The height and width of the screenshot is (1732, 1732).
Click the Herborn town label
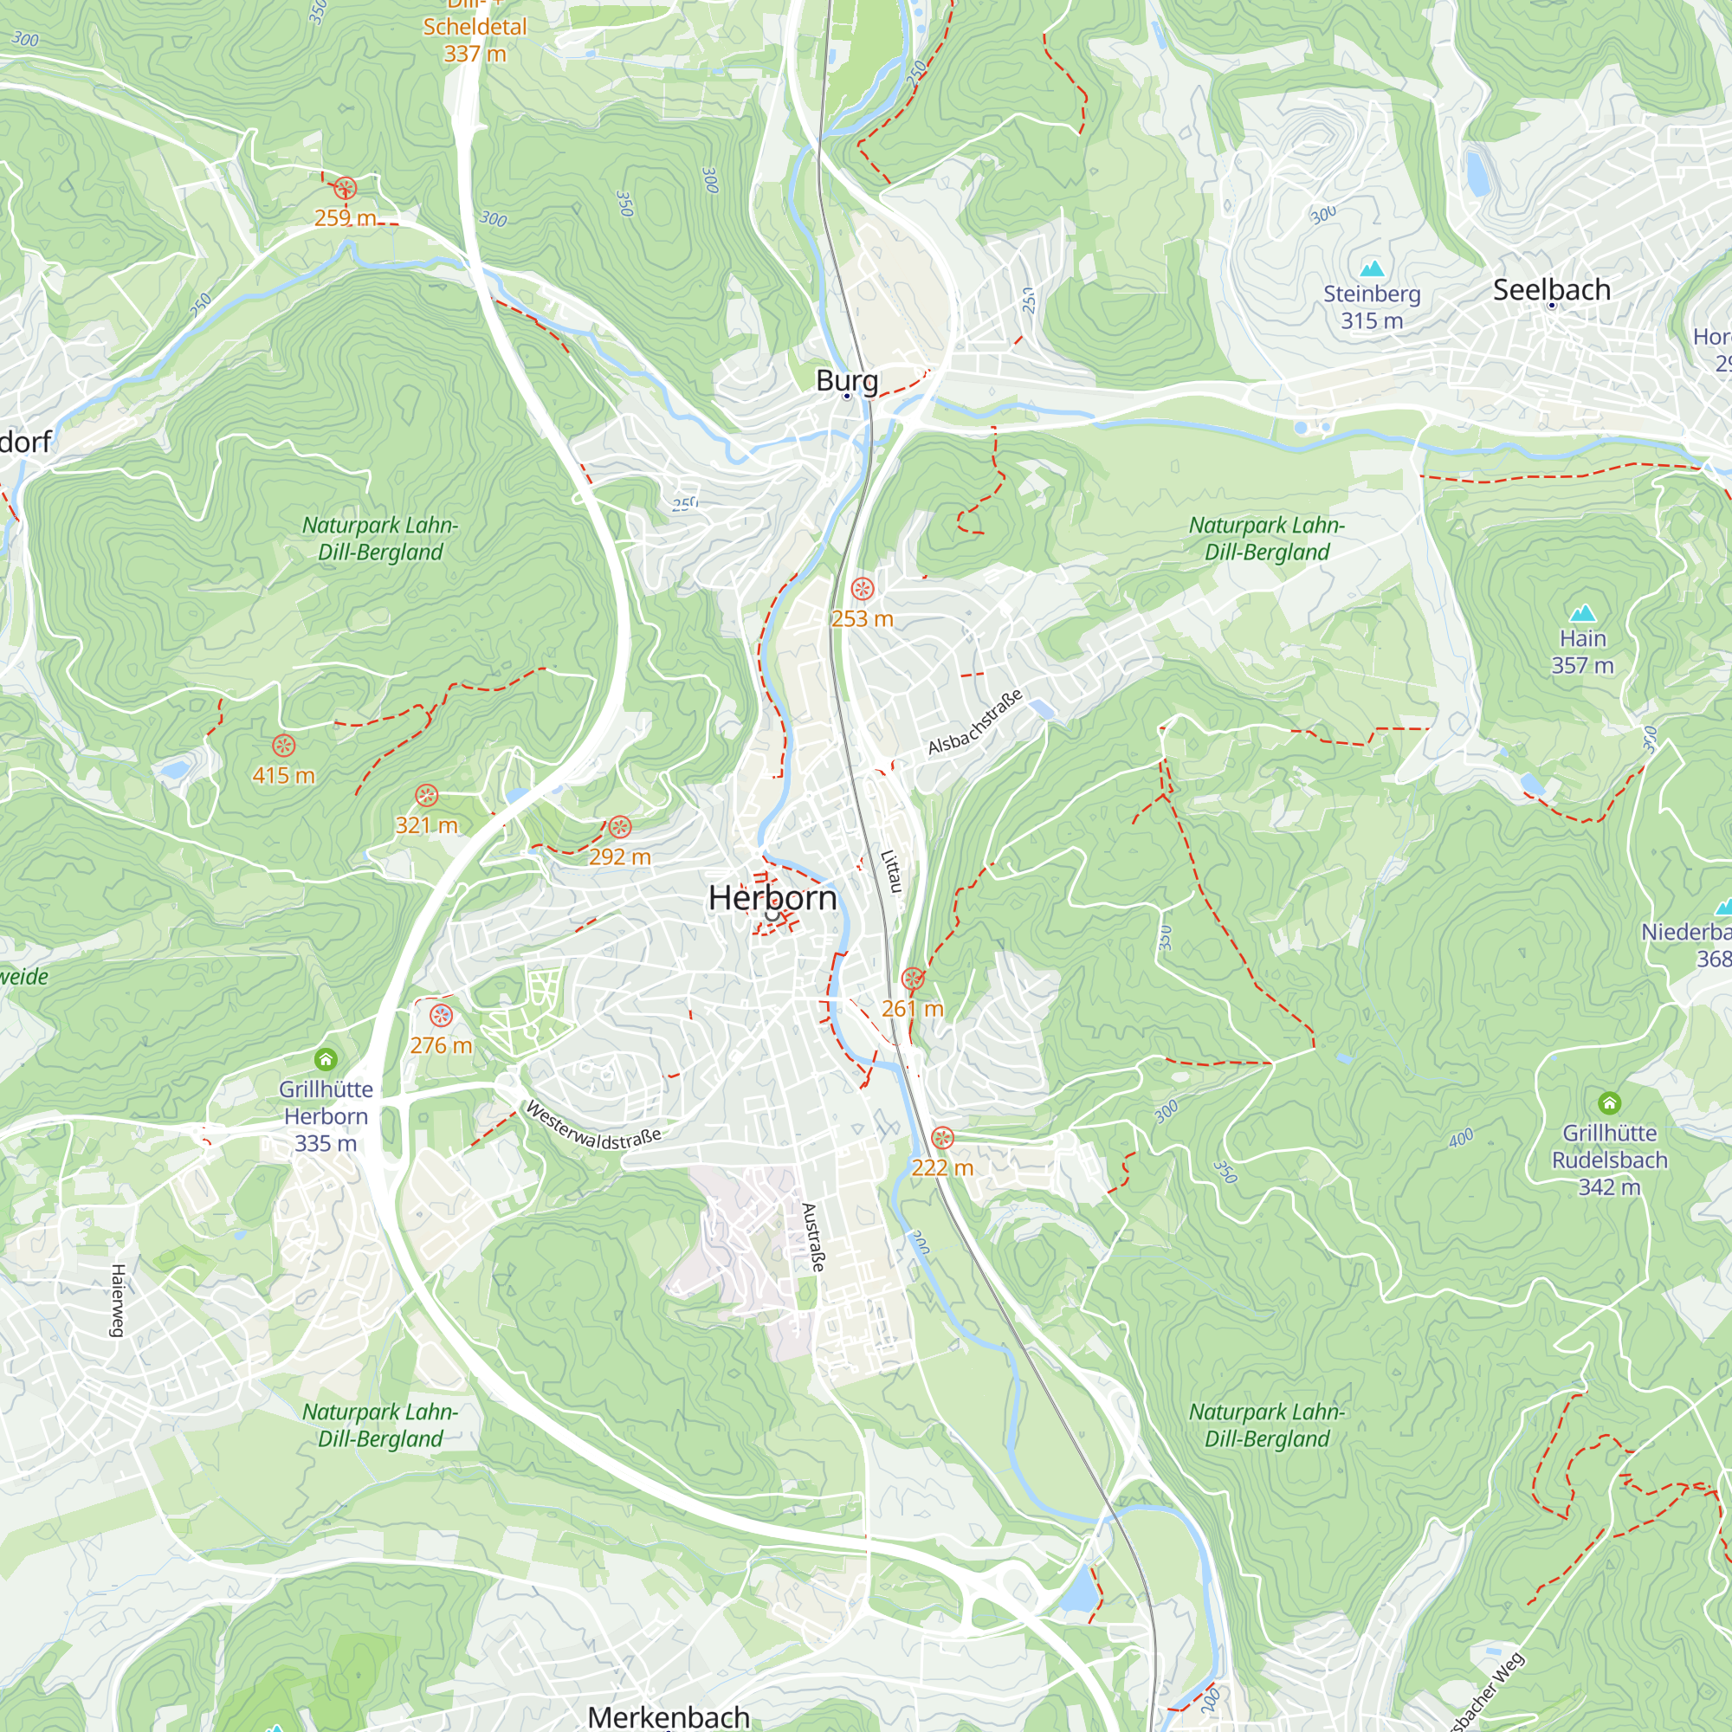(x=772, y=897)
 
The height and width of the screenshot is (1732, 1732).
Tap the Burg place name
(x=846, y=380)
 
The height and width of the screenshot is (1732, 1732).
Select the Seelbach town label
(x=1551, y=289)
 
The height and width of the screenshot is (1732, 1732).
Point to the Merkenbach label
(x=669, y=1716)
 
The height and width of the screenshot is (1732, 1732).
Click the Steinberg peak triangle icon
(x=1372, y=268)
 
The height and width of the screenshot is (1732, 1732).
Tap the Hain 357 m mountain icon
(x=1583, y=613)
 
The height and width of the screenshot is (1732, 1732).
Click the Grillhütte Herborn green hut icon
(x=326, y=1060)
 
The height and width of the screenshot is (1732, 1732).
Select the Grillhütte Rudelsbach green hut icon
(x=1609, y=1102)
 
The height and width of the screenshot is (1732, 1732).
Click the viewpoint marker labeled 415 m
(x=283, y=745)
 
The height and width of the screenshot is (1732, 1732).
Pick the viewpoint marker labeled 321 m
(x=427, y=795)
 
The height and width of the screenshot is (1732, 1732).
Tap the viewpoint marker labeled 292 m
(x=619, y=826)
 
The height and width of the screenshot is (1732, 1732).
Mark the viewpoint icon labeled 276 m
(x=441, y=1016)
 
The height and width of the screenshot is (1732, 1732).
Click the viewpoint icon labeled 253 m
(x=863, y=589)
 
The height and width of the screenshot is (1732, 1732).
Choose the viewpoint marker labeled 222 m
(x=942, y=1139)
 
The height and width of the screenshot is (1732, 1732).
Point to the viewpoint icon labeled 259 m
(x=346, y=188)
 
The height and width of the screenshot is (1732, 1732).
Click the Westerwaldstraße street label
(x=592, y=1127)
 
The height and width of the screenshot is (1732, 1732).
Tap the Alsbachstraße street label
(x=974, y=721)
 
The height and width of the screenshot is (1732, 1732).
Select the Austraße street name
(x=812, y=1238)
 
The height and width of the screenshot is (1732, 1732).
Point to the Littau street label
(x=890, y=870)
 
